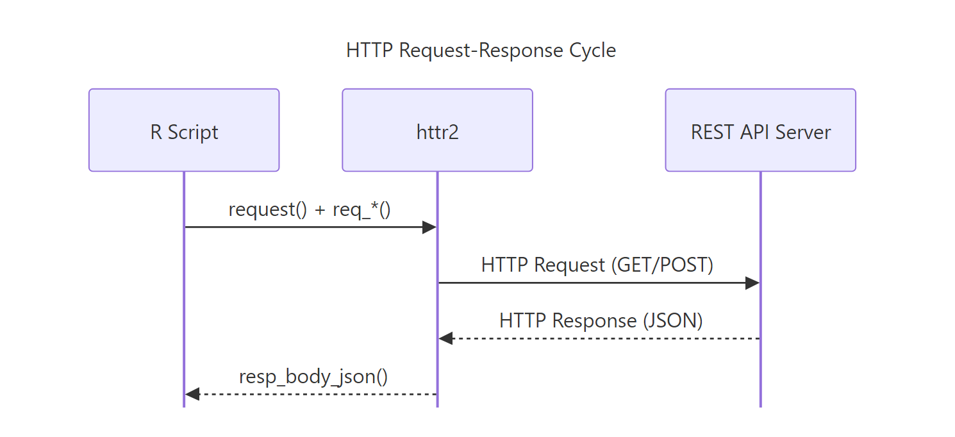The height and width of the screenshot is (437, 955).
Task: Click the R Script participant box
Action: [x=184, y=130]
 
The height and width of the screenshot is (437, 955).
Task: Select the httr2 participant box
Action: [x=437, y=130]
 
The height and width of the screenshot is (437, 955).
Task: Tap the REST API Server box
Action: [x=760, y=130]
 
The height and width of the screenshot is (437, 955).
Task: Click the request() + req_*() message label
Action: [x=310, y=210]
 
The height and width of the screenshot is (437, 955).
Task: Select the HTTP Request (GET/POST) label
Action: [x=597, y=265]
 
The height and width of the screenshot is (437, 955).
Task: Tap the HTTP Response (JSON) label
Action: [x=601, y=320]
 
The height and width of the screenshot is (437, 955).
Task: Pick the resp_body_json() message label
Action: [x=313, y=376]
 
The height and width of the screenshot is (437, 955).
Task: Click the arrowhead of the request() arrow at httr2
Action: [x=430, y=227]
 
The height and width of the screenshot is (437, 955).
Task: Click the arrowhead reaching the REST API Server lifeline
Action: [x=753, y=283]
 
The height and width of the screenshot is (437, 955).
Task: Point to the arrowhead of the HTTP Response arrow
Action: [x=445, y=338]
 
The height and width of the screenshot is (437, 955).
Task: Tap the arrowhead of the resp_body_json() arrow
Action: [x=192, y=394]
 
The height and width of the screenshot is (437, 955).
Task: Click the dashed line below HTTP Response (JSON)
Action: [x=602, y=338]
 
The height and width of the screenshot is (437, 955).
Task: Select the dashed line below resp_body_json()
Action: [x=314, y=394]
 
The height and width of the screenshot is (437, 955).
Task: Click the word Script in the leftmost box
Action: [x=193, y=133]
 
